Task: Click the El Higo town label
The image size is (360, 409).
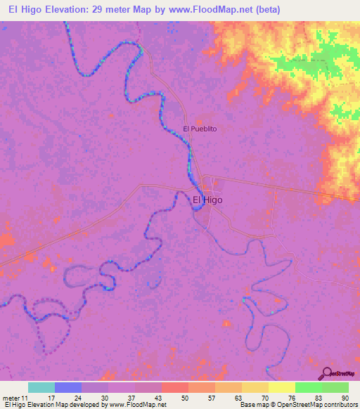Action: point(207,199)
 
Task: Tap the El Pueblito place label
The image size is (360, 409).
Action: point(199,129)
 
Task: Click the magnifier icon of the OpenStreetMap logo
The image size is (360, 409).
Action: point(327,374)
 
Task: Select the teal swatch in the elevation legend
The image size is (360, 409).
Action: point(41,387)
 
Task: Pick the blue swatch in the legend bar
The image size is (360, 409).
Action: point(68,387)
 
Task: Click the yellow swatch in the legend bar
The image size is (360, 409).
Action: point(282,387)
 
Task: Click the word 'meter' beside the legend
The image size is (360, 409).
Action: point(13,397)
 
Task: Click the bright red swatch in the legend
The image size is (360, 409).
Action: point(175,387)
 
